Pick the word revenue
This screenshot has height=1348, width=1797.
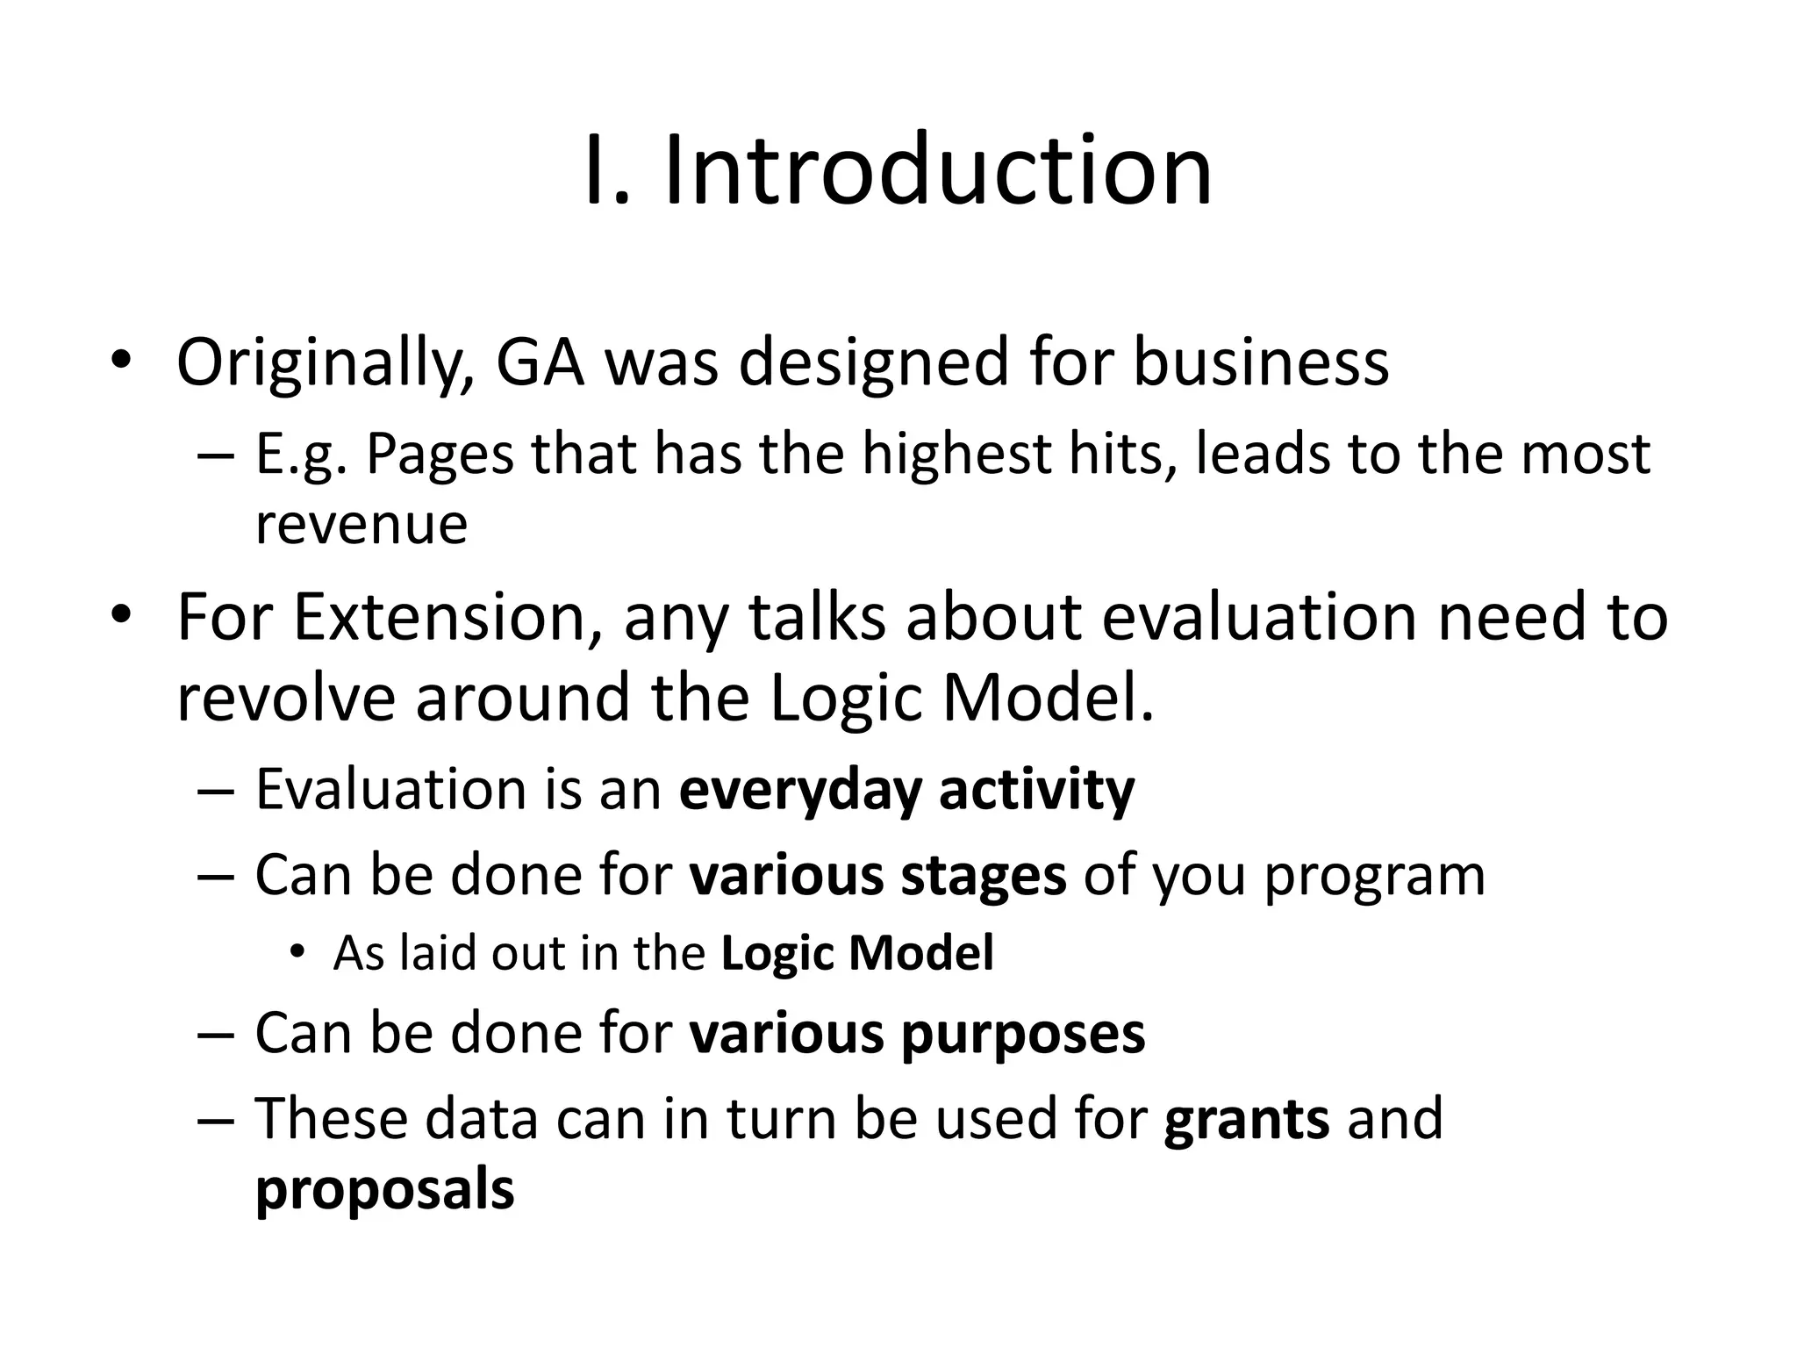tap(361, 525)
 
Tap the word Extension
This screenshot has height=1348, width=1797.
tap(439, 617)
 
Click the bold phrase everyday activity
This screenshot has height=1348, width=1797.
tap(906, 790)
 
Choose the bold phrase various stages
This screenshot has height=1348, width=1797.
tap(877, 875)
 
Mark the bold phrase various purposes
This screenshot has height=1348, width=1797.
tap(917, 1033)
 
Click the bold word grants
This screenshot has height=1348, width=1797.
tap(1246, 1119)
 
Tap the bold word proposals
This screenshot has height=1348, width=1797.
tap(384, 1190)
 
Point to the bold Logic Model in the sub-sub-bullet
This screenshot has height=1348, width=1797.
tap(857, 953)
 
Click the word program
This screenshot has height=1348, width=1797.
tap(1374, 875)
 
